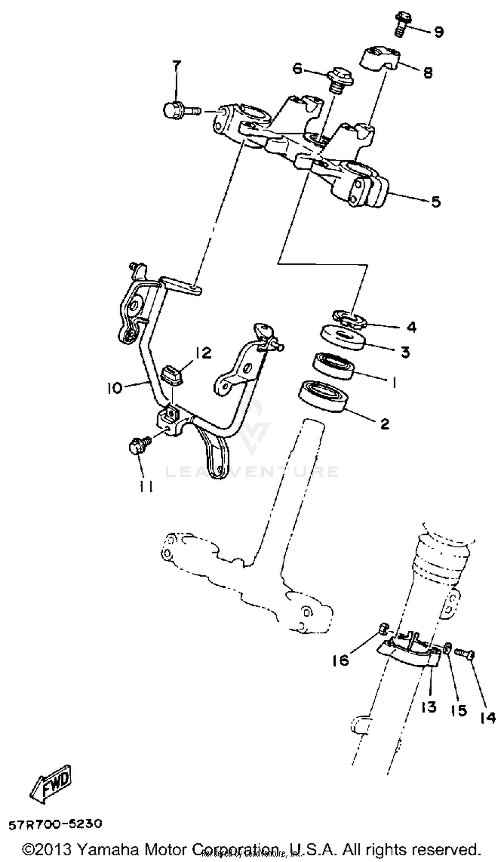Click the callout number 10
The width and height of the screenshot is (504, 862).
pyautogui.click(x=114, y=388)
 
